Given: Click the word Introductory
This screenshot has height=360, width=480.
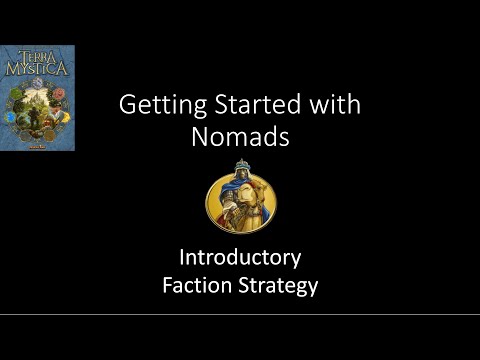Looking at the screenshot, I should click(x=240, y=258).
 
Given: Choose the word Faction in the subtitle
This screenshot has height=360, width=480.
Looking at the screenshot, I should click(x=199, y=286).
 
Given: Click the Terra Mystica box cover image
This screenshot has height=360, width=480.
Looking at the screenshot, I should click(x=37, y=97).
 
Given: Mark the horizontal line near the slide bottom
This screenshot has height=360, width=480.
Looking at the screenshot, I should click(x=240, y=313).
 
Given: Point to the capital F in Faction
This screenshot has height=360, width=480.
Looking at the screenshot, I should click(x=168, y=286).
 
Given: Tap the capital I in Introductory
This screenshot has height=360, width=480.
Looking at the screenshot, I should click(x=182, y=258).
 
